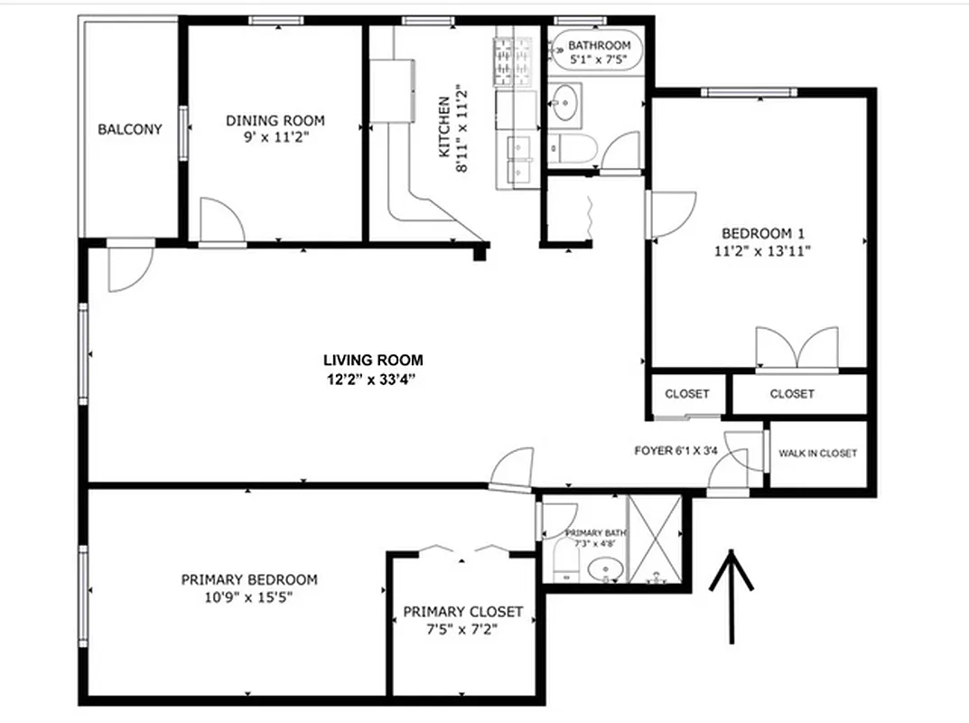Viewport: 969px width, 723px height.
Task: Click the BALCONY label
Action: (x=130, y=129)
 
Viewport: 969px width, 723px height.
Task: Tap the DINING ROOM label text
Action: (x=275, y=120)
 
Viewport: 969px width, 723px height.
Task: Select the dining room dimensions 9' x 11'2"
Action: (x=275, y=139)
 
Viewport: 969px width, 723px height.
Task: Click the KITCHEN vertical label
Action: (x=444, y=127)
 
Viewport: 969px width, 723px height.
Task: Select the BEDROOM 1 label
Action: (x=757, y=232)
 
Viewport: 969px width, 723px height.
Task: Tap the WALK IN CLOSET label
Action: (x=817, y=454)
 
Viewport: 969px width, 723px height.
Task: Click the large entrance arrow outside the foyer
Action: (x=731, y=596)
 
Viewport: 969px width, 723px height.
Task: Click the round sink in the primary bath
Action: (x=603, y=569)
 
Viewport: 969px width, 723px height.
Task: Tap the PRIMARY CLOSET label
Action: (x=462, y=612)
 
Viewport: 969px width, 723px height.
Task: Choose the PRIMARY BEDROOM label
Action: (x=249, y=579)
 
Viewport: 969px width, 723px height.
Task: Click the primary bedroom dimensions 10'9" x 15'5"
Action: (x=249, y=598)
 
